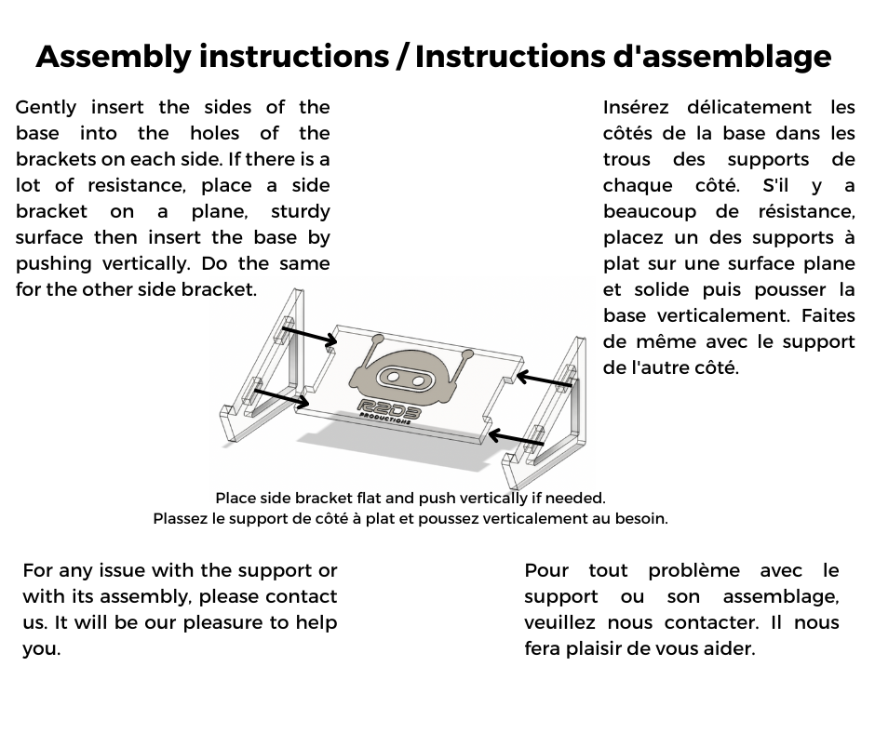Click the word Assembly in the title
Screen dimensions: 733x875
[x=113, y=57]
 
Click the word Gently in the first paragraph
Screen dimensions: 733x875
[x=46, y=108]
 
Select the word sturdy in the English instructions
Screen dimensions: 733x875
[x=300, y=212]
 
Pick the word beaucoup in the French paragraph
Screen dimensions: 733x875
[x=650, y=212]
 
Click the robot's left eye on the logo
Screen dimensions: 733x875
[x=396, y=377]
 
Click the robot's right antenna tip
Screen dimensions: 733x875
[x=467, y=353]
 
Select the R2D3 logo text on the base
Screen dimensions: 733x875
[x=388, y=409]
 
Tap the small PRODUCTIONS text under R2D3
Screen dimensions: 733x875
[x=385, y=420]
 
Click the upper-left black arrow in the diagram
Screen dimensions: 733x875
[x=309, y=336]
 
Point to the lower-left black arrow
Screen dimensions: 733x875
[x=281, y=397]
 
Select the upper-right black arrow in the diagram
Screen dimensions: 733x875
[x=544, y=380]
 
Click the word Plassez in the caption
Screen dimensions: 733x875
[x=182, y=519]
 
